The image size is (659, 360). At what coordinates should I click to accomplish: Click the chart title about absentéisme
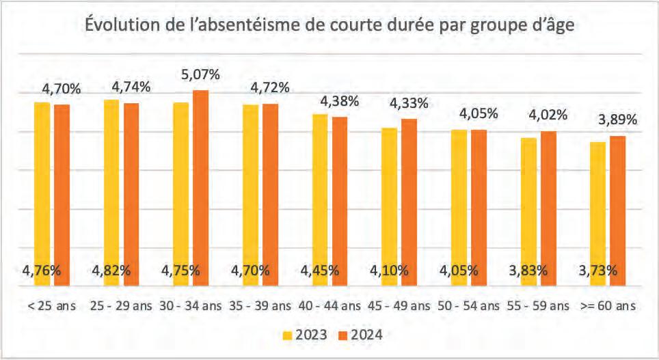coord(329,25)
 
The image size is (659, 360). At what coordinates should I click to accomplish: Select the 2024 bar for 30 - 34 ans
coord(200,188)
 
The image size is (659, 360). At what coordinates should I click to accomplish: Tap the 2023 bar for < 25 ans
coord(42,194)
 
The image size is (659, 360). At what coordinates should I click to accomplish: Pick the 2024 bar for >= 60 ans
coord(618,211)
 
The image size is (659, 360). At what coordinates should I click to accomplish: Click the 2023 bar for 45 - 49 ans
coord(390,207)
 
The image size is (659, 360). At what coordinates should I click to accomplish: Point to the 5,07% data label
coord(200,74)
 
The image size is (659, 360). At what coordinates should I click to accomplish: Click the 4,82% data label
coord(111,270)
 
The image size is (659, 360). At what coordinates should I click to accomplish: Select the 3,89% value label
coord(618,120)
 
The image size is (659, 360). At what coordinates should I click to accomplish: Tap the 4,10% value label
coord(389,270)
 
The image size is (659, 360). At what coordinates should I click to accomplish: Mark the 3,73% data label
coord(598,270)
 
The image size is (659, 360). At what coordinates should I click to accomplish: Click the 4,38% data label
coord(340,101)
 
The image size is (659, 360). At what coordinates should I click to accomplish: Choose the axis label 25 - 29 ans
coord(121,306)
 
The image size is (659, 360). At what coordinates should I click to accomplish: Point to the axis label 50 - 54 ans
coord(468,306)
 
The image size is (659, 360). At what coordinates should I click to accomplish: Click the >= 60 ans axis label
coord(608,306)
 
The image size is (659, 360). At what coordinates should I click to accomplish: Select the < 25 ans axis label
coord(52,306)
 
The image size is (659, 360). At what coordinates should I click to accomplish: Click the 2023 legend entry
coord(305,335)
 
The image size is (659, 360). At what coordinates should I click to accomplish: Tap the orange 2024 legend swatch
coord(344,335)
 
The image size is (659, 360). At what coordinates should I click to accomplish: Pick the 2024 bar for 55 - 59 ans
coord(548,209)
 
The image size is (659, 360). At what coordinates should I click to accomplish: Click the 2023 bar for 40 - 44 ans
coord(320,200)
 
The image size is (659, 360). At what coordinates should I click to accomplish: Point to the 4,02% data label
coord(548,115)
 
